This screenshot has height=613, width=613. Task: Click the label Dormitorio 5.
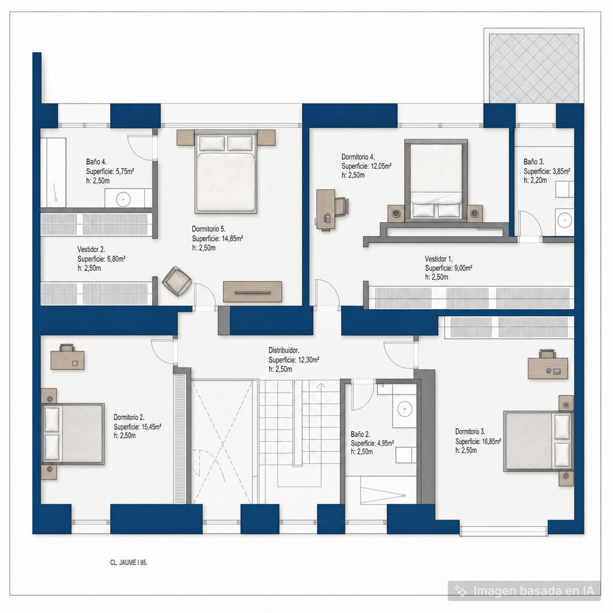point(208,229)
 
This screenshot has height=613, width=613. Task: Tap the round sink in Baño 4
point(123,199)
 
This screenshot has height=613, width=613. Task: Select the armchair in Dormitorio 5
point(177,281)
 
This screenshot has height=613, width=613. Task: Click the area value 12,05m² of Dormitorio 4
point(380,166)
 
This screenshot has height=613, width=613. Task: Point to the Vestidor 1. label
point(439,259)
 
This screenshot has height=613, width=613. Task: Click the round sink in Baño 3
point(564,220)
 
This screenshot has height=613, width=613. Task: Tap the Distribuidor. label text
point(284,350)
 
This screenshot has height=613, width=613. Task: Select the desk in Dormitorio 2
point(67,357)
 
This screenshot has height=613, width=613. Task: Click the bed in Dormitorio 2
point(73,434)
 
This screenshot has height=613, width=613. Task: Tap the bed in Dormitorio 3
point(538,441)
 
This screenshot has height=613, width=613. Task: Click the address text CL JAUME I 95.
point(129,563)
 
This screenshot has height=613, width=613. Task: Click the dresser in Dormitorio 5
point(253,292)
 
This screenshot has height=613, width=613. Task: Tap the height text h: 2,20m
point(535,181)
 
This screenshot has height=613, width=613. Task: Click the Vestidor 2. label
point(91,250)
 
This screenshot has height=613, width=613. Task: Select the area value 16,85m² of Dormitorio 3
point(490,441)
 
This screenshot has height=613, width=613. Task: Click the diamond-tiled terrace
point(533,68)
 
